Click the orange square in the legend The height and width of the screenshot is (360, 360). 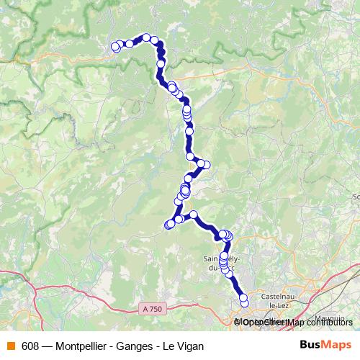pyautogui.click(x=10, y=346)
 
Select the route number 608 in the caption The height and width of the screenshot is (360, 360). pyautogui.click(x=30, y=346)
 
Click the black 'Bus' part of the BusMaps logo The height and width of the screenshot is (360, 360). pyautogui.click(x=310, y=345)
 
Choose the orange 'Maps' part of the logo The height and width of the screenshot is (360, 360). pyautogui.click(x=337, y=345)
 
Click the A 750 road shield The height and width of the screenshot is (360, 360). pyautogui.click(x=153, y=308)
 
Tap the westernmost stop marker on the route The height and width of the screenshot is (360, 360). pyautogui.click(x=114, y=47)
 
